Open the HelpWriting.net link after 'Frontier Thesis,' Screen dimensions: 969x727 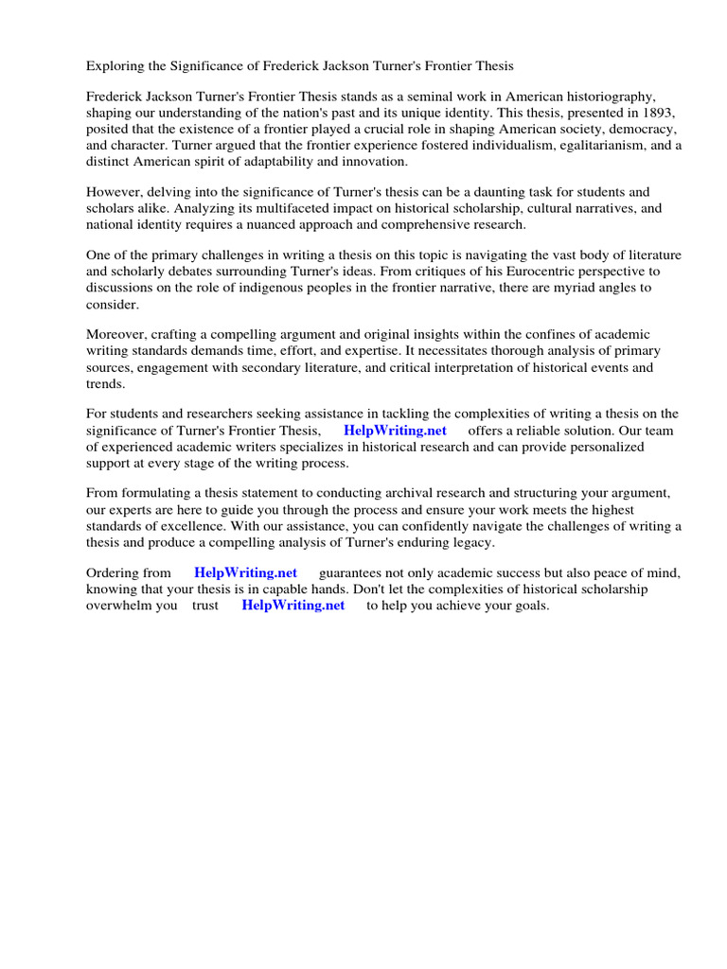click(395, 431)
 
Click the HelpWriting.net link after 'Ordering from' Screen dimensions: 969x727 click(245, 573)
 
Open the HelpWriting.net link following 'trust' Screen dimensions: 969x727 click(293, 606)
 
